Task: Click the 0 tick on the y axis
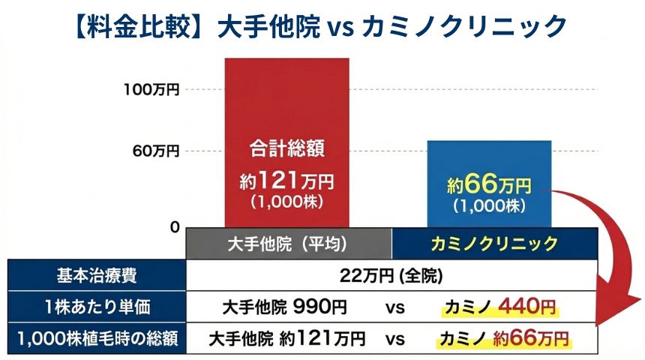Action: [174, 226]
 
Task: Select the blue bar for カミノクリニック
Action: [489, 161]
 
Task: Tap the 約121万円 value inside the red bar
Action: [287, 182]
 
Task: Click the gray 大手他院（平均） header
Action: [289, 244]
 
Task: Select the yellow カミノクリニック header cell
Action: [494, 244]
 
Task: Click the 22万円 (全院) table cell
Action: [391, 275]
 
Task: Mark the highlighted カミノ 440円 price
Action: [499, 307]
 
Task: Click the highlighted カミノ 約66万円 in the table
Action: [503, 339]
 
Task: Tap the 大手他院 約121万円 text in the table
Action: [288, 339]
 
